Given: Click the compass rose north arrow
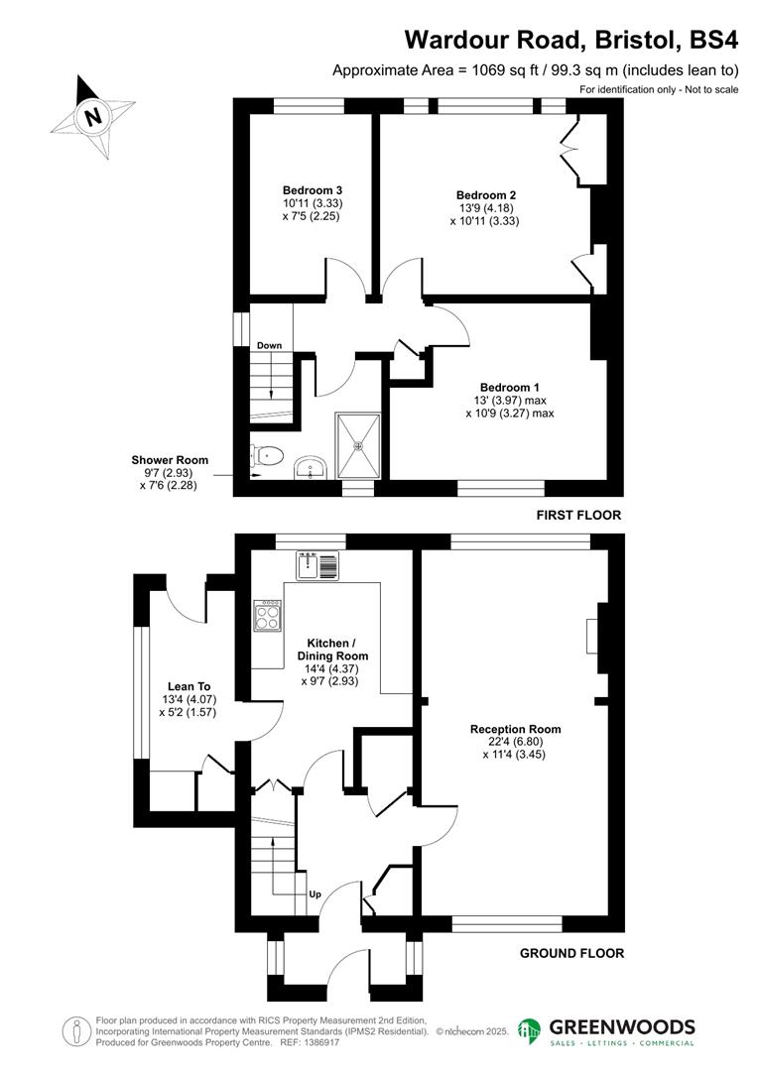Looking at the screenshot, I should point(93,116).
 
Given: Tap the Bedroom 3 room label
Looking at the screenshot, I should point(313,190).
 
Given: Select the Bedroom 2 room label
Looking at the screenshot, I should point(485,195).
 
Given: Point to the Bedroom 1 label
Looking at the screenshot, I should point(510,387).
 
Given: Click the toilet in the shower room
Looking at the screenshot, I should point(268,457).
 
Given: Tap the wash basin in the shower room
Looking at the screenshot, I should point(311,467).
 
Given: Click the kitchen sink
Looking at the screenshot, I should point(317,565).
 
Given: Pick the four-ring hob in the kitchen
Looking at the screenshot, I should point(268,617).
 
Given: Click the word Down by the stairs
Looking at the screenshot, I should point(270,346).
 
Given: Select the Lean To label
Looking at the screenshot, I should point(189,686).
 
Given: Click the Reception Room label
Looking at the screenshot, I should point(515,729).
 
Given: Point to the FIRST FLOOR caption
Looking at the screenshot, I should point(578,516).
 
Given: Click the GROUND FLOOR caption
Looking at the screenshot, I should point(572,954).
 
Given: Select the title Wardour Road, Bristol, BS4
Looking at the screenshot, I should point(571,40).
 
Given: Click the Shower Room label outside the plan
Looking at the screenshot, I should point(170,460).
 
